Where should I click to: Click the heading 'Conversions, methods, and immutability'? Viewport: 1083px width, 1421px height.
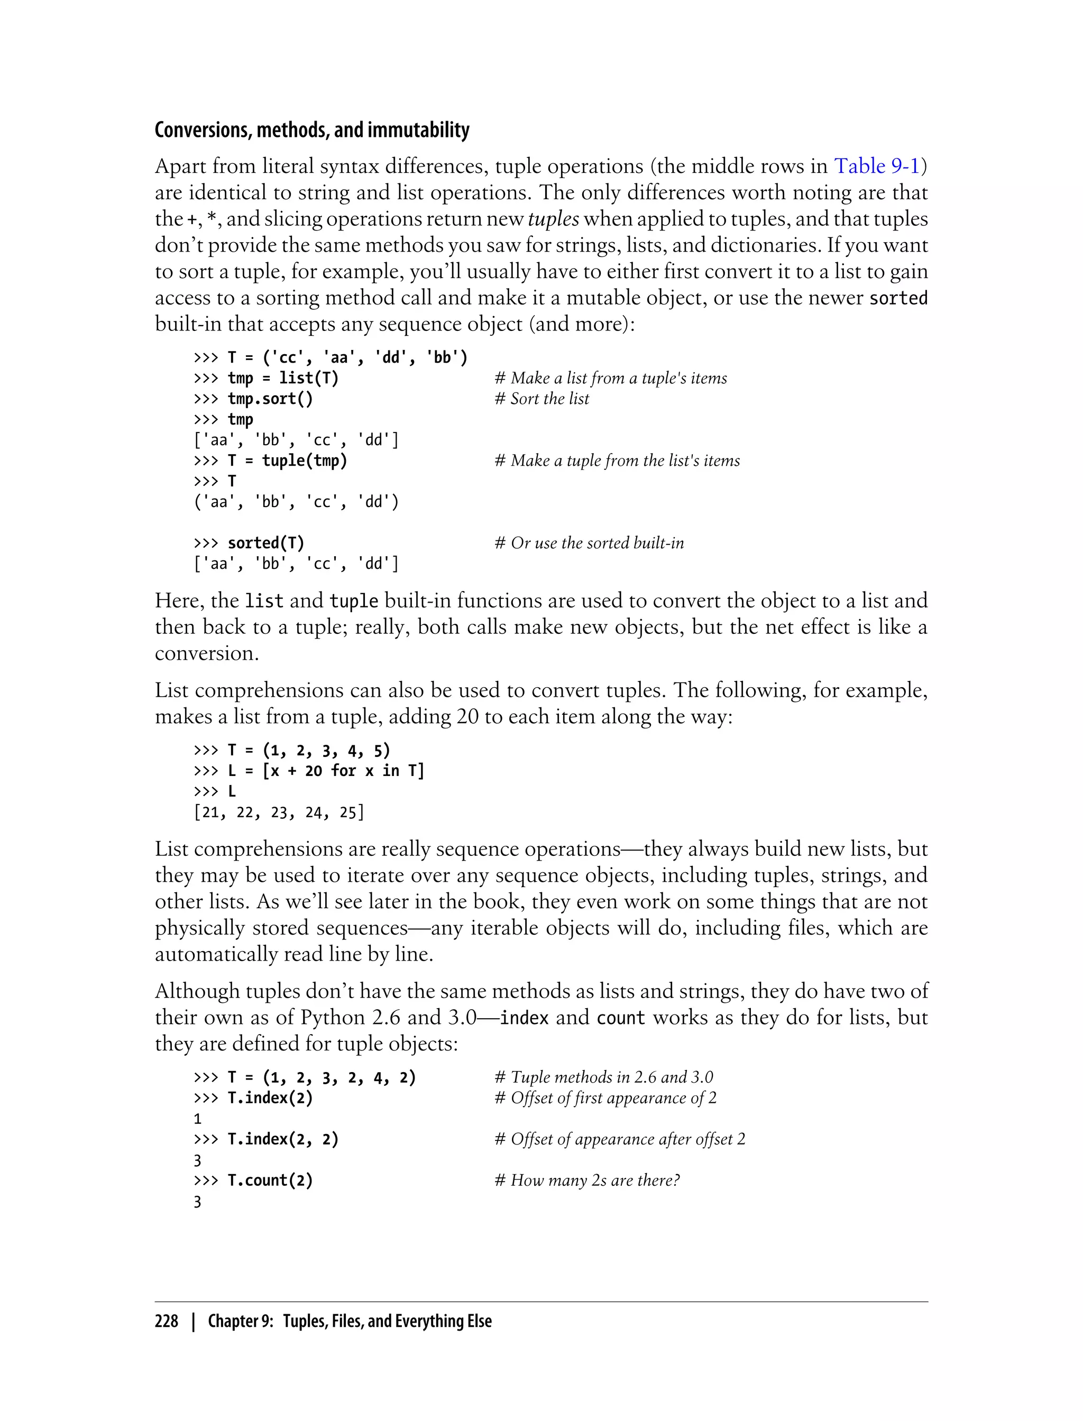(312, 130)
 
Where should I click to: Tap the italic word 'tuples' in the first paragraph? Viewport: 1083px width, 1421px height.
(553, 219)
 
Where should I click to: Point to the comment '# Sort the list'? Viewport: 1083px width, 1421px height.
(541, 399)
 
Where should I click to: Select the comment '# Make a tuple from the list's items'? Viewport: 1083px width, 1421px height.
(617, 461)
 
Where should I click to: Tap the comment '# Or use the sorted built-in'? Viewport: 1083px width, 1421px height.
(589, 543)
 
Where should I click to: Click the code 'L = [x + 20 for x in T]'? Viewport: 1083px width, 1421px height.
(326, 771)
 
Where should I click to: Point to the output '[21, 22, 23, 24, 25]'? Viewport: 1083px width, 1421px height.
(279, 812)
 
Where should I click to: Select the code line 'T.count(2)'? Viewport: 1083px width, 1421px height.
(270, 1180)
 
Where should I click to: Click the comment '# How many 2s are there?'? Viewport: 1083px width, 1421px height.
(586, 1180)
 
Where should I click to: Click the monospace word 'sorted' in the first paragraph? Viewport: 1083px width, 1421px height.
(898, 298)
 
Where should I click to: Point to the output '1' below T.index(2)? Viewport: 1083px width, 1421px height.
(197, 1119)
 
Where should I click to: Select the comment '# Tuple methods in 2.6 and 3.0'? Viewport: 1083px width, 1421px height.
(603, 1077)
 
